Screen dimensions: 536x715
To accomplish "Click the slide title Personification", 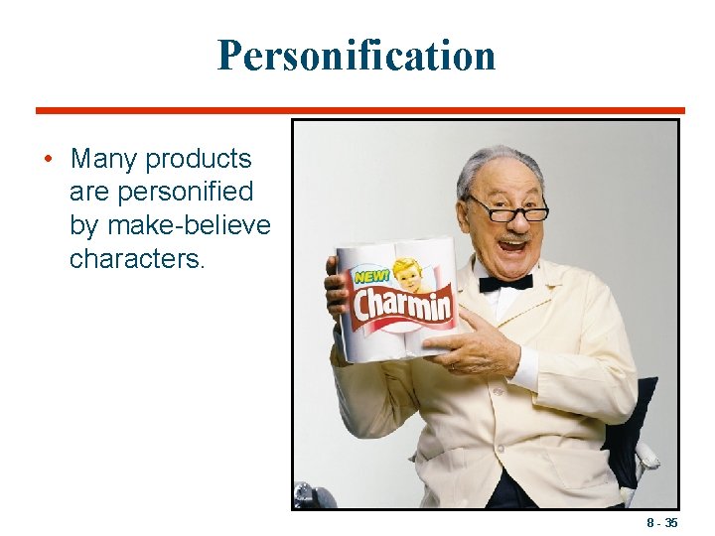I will (357, 56).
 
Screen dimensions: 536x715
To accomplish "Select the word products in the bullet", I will (200, 159).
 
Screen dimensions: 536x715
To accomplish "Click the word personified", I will (162, 192).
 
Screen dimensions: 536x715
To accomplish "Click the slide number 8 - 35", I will (661, 521).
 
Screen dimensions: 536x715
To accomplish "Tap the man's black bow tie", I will (505, 283).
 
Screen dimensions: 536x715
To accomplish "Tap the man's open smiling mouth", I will (513, 241).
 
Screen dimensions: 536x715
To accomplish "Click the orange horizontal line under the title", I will (359, 110).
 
